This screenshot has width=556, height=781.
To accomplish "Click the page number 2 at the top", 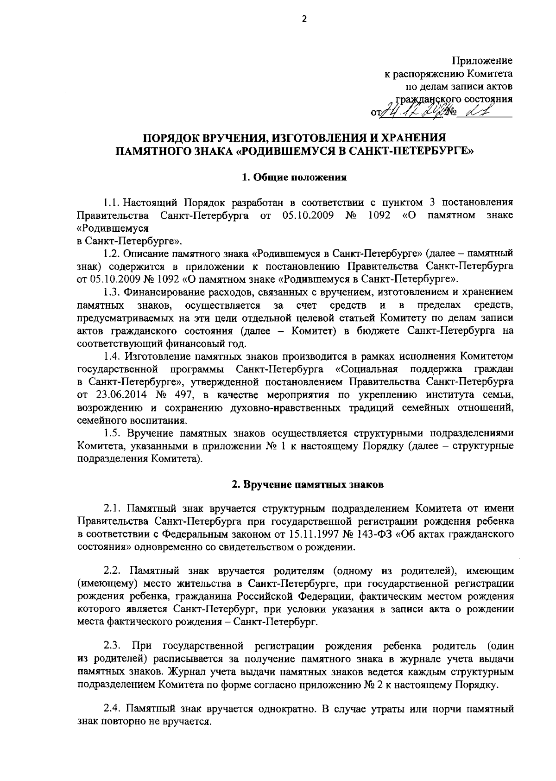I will (x=304, y=19).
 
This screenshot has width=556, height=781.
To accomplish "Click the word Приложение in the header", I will (x=482, y=61).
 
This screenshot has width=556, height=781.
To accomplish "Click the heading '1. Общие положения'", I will (x=295, y=177).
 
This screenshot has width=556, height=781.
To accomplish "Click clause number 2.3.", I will (x=112, y=646).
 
